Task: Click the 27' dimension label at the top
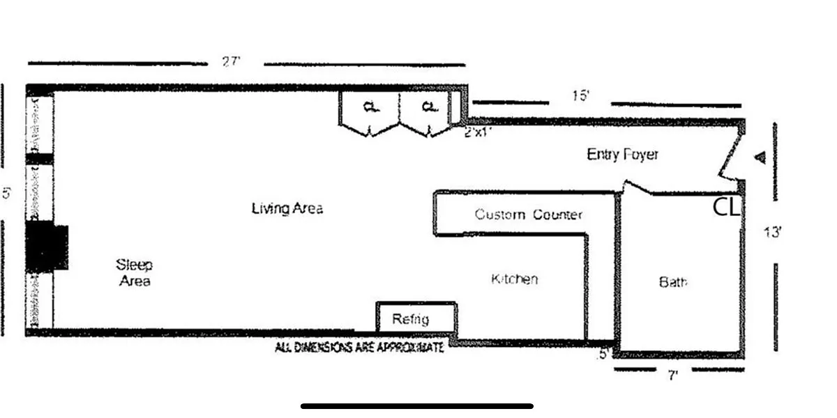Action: click(x=232, y=62)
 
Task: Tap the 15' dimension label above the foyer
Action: click(x=580, y=96)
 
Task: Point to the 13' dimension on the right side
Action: click(x=772, y=232)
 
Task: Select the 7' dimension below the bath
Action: click(x=673, y=376)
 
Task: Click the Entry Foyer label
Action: click(x=622, y=155)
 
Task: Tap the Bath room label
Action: click(x=673, y=282)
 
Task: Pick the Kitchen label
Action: click(x=515, y=279)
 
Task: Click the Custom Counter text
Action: click(x=528, y=215)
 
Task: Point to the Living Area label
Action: click(x=287, y=208)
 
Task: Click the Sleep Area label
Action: click(x=134, y=272)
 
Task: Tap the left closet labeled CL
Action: click(x=370, y=108)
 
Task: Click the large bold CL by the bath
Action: click(x=726, y=207)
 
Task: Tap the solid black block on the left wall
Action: click(x=47, y=247)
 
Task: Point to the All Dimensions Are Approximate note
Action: click(x=359, y=347)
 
